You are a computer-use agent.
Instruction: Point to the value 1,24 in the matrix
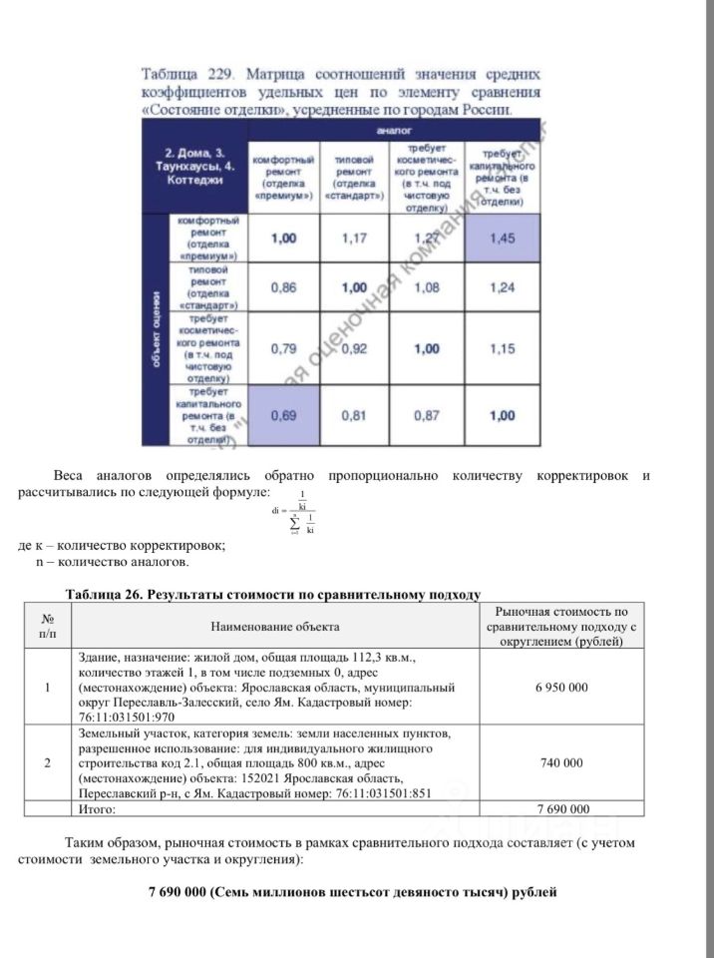point(505,287)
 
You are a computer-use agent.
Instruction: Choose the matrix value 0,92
point(354,349)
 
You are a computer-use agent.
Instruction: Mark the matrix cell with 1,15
point(505,349)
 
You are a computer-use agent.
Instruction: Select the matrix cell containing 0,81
point(354,415)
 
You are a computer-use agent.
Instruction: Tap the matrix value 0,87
point(427,415)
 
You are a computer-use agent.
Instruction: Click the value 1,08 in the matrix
point(427,287)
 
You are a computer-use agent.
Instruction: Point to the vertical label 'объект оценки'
point(157,329)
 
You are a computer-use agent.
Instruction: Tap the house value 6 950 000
point(560,689)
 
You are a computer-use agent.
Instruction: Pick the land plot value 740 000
point(560,763)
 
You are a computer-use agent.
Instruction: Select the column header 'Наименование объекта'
point(274,627)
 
